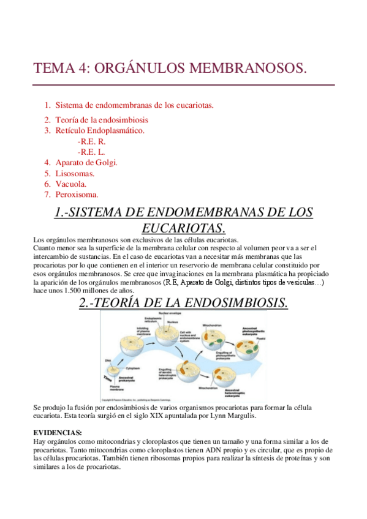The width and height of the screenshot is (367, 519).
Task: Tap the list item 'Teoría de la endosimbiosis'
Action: (x=101, y=120)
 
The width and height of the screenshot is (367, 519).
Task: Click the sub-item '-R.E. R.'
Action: (x=91, y=141)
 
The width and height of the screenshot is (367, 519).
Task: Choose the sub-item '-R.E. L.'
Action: (x=91, y=151)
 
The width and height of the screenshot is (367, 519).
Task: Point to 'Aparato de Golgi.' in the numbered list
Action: (x=86, y=162)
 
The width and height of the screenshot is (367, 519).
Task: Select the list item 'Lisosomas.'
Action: (x=77, y=173)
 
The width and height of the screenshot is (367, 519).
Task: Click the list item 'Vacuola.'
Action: (x=71, y=184)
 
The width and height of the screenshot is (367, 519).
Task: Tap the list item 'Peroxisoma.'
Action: (x=77, y=195)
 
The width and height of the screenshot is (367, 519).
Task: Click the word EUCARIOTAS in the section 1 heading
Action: (x=183, y=228)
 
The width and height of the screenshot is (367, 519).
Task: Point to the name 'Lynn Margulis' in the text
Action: (x=244, y=416)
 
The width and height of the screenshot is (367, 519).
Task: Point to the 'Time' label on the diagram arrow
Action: (x=108, y=378)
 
